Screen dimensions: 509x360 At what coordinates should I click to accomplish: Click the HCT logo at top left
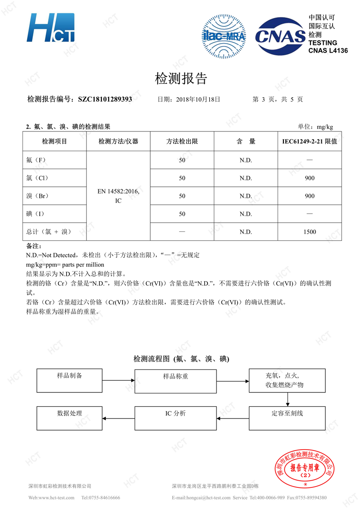[50, 28]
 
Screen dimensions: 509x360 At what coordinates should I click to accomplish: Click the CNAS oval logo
[280, 36]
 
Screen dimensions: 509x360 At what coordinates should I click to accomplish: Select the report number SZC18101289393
[105, 99]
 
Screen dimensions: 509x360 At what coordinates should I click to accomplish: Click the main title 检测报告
[181, 79]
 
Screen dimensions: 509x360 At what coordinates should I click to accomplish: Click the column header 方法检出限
[182, 141]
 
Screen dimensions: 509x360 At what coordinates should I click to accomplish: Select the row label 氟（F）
[36, 160]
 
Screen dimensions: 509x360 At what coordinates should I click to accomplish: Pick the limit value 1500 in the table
[310, 232]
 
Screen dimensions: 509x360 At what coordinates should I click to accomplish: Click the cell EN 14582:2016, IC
[118, 196]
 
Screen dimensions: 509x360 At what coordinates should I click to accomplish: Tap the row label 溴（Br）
[37, 196]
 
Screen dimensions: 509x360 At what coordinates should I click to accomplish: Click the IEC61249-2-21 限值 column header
[310, 141]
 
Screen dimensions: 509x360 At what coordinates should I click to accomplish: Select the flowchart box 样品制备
[70, 380]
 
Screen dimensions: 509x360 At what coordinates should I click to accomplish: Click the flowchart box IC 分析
[175, 418]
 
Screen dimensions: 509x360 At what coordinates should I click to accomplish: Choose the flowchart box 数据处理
[70, 418]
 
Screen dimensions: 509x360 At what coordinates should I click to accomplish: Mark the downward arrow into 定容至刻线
[288, 399]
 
